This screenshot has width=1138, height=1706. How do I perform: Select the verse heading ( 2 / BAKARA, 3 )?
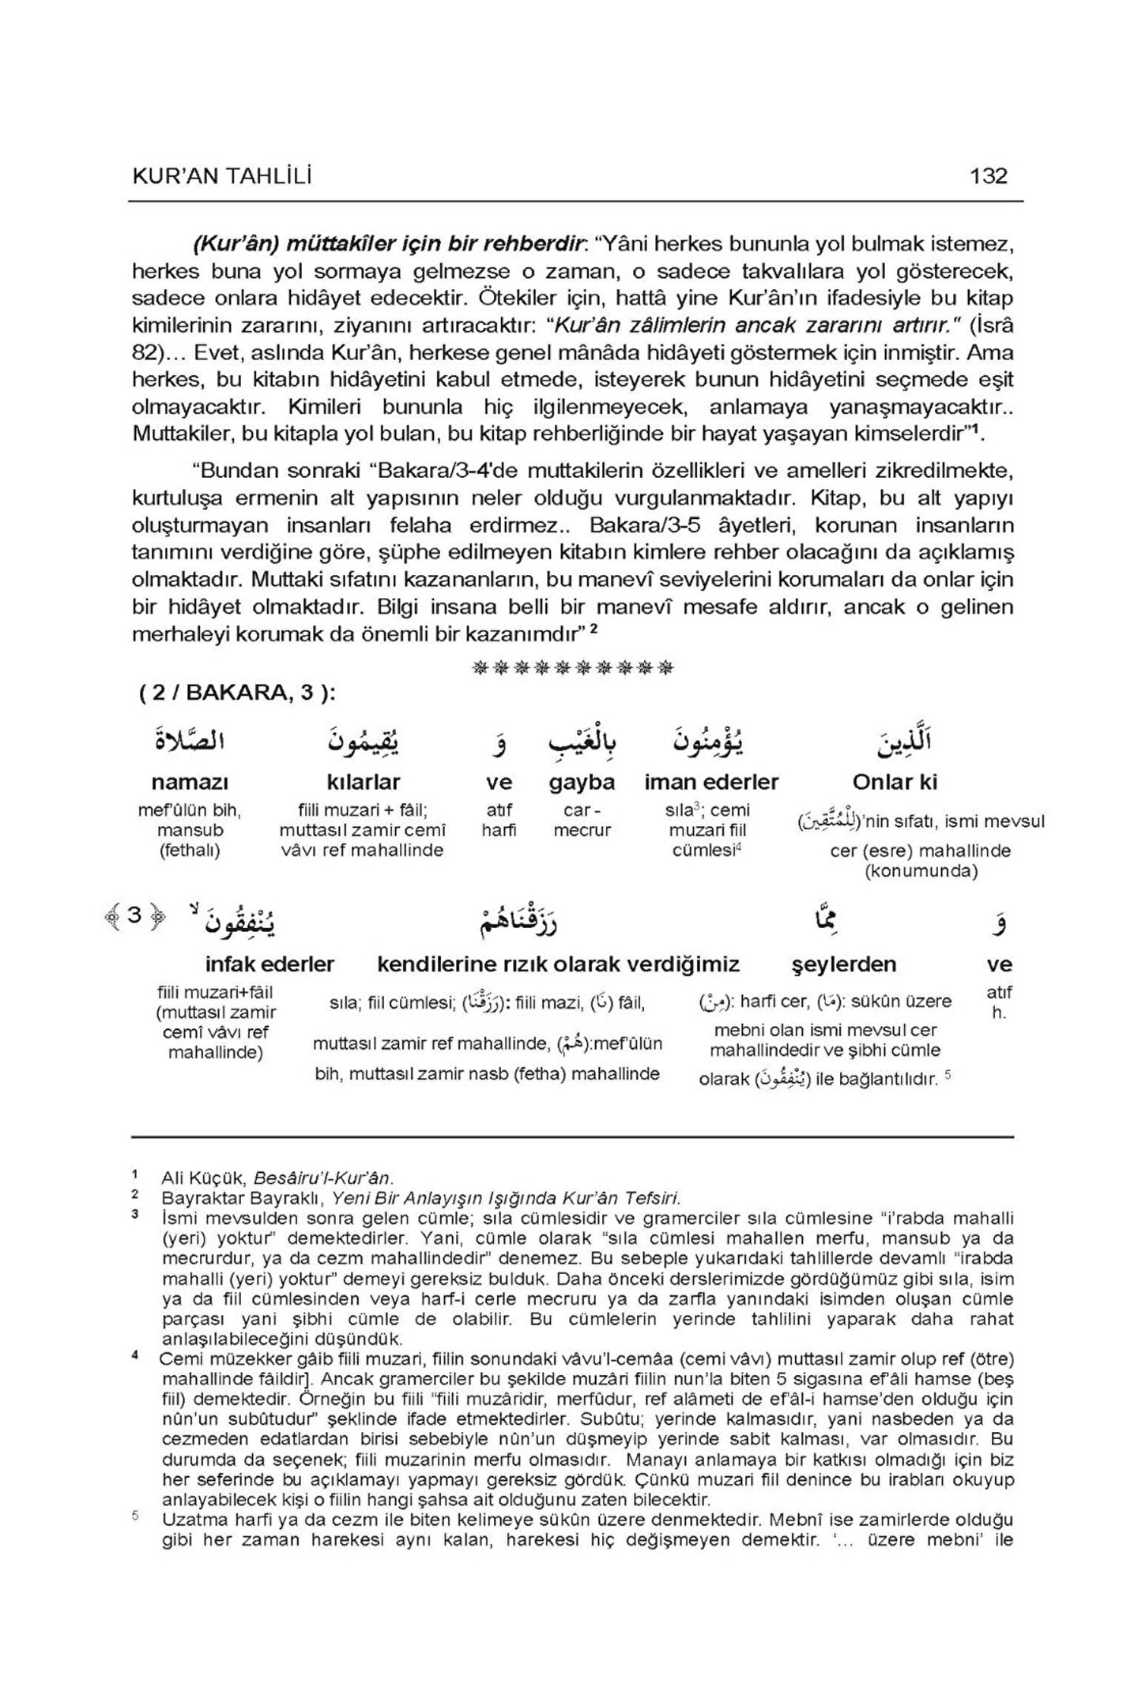(x=237, y=693)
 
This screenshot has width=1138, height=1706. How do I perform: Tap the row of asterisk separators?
(x=572, y=669)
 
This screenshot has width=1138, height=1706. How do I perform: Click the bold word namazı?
(x=190, y=782)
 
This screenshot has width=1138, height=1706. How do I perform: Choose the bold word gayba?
(x=582, y=782)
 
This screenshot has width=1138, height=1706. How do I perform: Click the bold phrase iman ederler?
(x=711, y=782)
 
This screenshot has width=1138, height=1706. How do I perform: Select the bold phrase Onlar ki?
(x=895, y=782)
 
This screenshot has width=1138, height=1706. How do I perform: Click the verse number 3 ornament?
(x=134, y=916)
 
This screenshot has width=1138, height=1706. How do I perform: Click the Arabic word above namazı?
(x=190, y=741)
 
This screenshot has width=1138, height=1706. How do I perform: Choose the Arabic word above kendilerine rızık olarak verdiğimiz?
(x=517, y=919)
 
